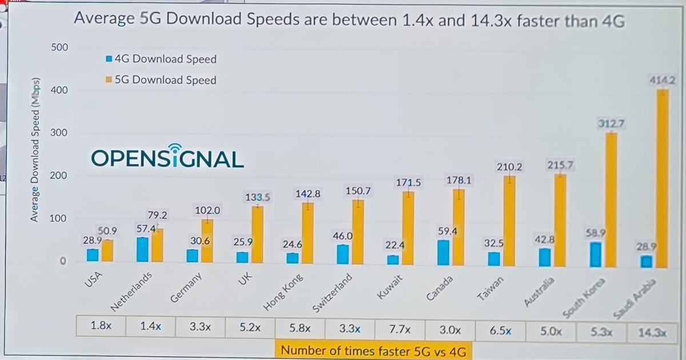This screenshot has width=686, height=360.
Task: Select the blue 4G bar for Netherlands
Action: pos(142,250)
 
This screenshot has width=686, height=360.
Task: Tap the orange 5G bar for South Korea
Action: pos(612,200)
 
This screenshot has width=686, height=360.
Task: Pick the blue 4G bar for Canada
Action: pos(444,253)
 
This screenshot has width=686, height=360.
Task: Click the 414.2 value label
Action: pos(662,81)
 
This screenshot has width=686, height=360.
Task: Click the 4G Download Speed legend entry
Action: pos(161,59)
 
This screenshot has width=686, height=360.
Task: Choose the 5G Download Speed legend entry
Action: pos(161,80)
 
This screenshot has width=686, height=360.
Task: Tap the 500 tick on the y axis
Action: pos(59,47)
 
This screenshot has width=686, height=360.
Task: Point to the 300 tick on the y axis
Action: pos(59,133)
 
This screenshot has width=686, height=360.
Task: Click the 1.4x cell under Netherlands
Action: pos(150,327)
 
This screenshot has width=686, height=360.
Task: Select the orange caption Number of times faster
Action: pos(374,350)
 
